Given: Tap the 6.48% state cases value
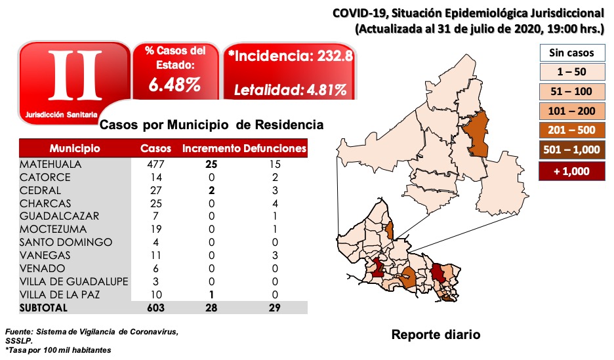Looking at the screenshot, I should [x=174, y=85].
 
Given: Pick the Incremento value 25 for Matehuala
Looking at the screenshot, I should [x=211, y=164].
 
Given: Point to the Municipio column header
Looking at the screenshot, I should [x=74, y=149].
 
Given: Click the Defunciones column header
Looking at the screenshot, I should [x=275, y=149].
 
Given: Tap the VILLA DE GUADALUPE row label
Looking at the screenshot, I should [x=73, y=281].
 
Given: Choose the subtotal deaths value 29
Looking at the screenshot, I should [x=275, y=308].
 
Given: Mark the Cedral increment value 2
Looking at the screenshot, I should [x=211, y=190].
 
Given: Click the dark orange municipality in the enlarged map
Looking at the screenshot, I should [x=479, y=134].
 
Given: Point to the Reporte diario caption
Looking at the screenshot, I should [x=436, y=335].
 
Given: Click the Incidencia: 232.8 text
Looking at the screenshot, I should [x=291, y=57].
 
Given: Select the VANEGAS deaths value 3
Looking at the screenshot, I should [x=275, y=255].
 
